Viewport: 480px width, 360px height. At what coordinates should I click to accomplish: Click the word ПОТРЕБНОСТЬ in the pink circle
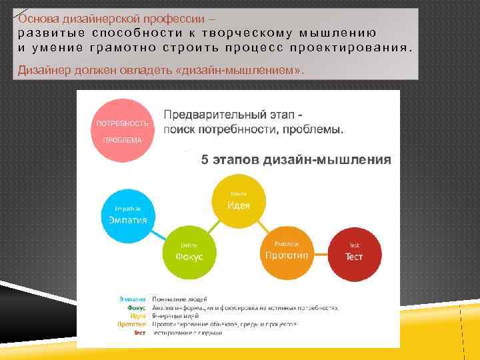(x=122, y=123)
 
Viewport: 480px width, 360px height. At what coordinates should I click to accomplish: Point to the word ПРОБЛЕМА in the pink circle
(x=122, y=140)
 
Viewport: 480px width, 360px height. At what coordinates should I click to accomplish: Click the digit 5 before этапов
(x=205, y=159)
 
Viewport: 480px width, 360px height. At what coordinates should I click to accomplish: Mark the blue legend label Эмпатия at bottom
(x=133, y=299)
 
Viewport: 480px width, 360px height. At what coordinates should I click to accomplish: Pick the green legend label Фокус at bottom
(x=137, y=308)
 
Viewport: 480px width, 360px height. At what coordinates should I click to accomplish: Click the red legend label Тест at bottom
(x=139, y=332)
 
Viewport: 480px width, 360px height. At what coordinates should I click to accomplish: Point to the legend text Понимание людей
(x=181, y=299)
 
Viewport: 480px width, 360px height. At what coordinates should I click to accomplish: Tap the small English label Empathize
(x=127, y=209)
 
